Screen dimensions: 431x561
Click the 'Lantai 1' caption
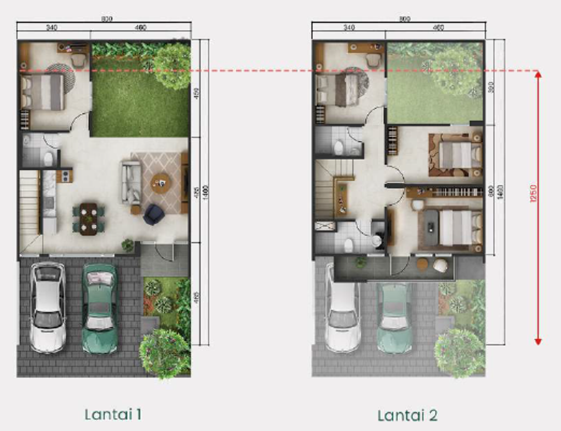[113, 414]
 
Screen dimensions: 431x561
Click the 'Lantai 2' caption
[407, 415]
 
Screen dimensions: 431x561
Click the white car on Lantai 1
[48, 307]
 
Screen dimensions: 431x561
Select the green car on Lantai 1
[100, 308]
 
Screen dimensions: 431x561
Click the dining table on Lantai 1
[88, 218]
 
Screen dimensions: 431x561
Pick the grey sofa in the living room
[131, 183]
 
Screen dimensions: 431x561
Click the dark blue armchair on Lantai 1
[153, 214]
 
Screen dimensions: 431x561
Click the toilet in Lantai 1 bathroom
[48, 159]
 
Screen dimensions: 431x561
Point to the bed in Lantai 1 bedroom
[42, 92]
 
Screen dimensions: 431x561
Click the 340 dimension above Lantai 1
[52, 26]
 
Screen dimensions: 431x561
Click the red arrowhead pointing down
[538, 341]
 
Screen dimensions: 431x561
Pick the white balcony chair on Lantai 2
[440, 266]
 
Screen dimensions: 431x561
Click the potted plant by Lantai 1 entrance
[128, 246]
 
